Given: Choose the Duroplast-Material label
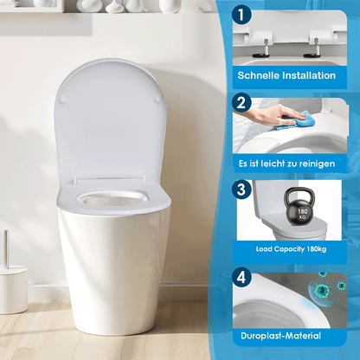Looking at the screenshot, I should (x=280, y=335).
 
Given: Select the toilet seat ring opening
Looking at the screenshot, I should (x=112, y=198).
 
